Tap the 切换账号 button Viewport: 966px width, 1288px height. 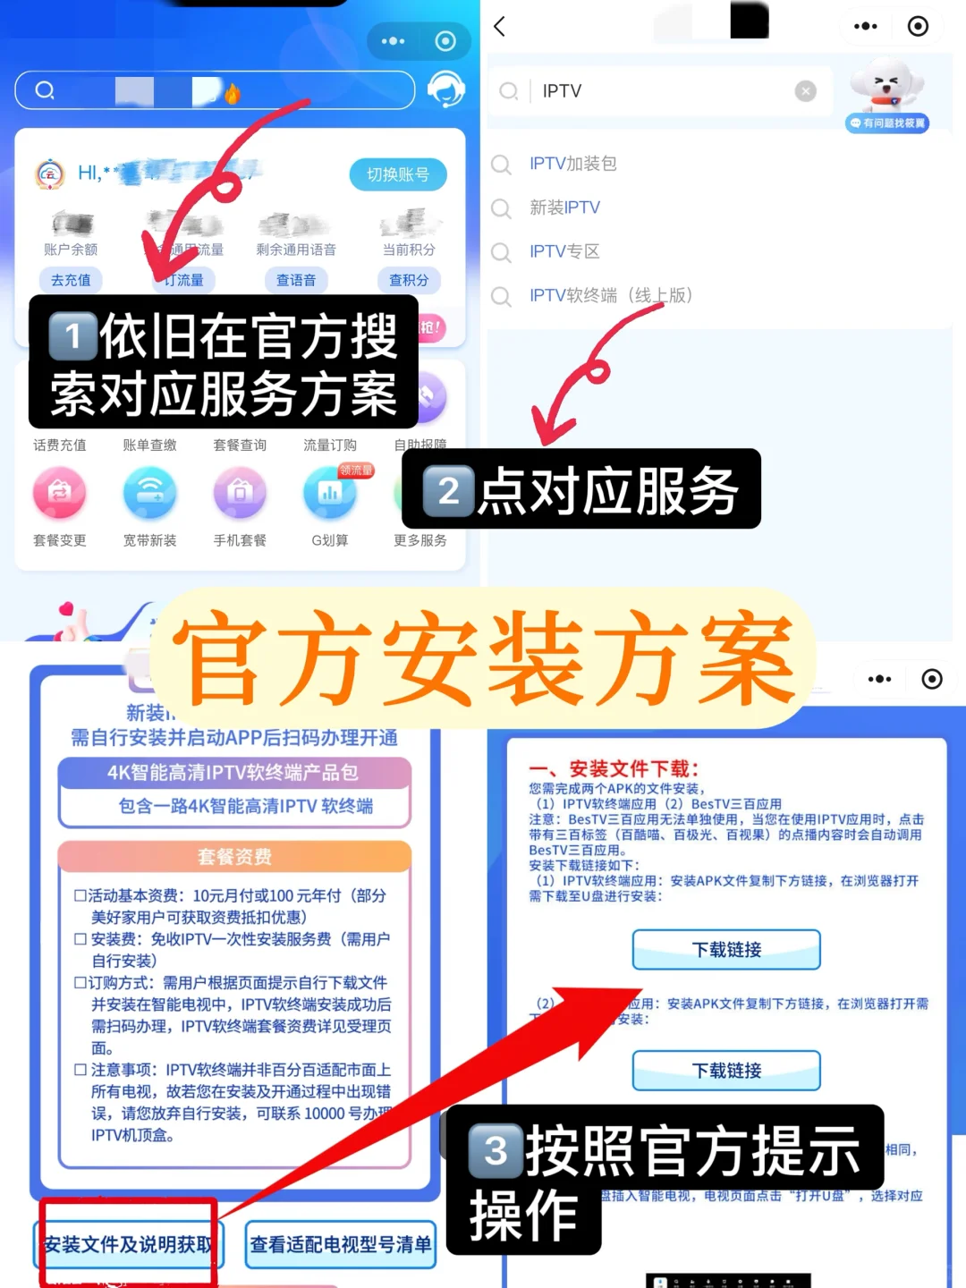[397, 174]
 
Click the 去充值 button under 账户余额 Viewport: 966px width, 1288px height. [71, 280]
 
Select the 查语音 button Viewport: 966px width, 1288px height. [296, 280]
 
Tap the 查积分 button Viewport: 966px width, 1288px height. [409, 280]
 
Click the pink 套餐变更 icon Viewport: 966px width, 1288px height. [60, 493]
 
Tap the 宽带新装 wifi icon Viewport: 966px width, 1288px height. [149, 493]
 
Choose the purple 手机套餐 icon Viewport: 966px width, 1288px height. [240, 493]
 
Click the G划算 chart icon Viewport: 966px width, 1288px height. [329, 493]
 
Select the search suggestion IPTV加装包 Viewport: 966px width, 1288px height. [572, 164]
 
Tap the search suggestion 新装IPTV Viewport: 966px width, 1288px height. [564, 208]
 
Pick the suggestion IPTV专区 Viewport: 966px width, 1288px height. [563, 251]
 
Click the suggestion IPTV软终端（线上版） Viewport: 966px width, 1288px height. [610, 295]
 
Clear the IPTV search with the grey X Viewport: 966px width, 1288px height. [805, 91]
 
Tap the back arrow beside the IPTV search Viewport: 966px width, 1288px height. [500, 27]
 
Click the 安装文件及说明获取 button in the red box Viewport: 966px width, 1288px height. [129, 1244]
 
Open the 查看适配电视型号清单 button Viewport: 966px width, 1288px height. [340, 1244]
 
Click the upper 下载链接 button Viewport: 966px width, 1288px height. [726, 950]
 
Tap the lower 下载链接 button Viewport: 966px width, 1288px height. [726, 1071]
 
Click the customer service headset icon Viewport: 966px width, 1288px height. [445, 89]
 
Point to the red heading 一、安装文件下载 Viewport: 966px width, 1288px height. [614, 768]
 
